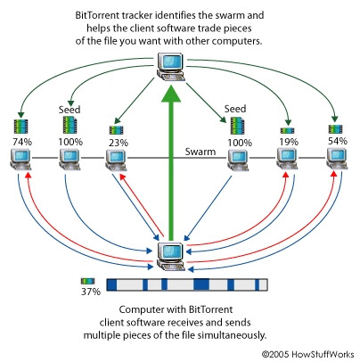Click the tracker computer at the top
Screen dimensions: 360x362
click(x=171, y=67)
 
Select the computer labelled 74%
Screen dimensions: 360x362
click(x=20, y=160)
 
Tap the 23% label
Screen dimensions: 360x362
click(x=119, y=143)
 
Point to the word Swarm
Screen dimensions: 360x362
click(x=200, y=152)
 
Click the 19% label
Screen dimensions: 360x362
click(x=289, y=142)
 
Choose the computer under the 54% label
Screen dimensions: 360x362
click(x=337, y=159)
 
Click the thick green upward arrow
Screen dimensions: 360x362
click(x=171, y=162)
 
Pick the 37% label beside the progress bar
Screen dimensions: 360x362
click(x=91, y=292)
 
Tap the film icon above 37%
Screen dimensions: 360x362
click(x=87, y=281)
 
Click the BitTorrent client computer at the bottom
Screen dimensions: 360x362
click(x=171, y=256)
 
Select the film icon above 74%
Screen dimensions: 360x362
click(x=20, y=127)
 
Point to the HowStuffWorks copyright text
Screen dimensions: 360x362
click(x=307, y=354)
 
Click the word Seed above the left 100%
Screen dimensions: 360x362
click(x=70, y=110)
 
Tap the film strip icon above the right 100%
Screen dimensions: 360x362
click(x=238, y=126)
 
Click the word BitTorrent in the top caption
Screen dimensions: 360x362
click(x=95, y=15)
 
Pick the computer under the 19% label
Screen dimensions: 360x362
click(x=287, y=159)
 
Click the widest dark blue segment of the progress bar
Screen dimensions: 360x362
click(x=201, y=284)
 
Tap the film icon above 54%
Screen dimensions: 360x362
click(x=336, y=129)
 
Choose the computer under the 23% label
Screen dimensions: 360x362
click(x=117, y=160)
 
